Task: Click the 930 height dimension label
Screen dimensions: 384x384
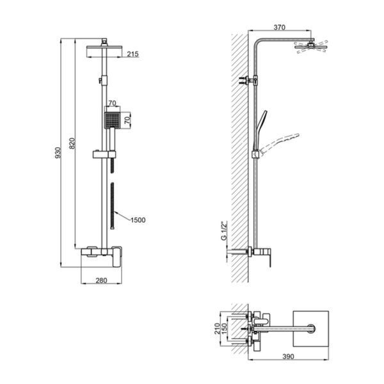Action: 58,152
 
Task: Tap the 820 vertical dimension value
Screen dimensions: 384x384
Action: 72,143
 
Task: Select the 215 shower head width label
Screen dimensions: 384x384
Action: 132,54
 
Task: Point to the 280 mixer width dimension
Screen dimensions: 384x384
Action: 101,280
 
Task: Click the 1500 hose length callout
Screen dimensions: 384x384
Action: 138,220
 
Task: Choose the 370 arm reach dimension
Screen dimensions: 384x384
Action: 280,27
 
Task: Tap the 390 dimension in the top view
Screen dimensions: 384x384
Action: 288,356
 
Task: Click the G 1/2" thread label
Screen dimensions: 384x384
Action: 225,231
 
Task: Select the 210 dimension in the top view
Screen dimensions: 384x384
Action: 217,328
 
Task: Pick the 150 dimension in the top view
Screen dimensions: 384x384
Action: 225,328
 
